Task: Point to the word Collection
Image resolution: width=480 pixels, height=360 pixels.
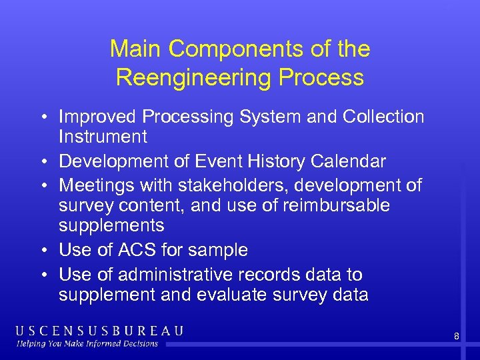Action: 383,117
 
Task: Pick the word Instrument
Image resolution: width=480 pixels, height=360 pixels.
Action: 103,137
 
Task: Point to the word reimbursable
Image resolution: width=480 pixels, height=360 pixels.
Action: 337,205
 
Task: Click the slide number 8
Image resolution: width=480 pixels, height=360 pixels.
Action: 457,337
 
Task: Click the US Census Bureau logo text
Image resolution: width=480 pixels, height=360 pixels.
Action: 99,331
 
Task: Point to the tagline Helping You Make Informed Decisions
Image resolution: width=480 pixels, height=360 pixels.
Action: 88,344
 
